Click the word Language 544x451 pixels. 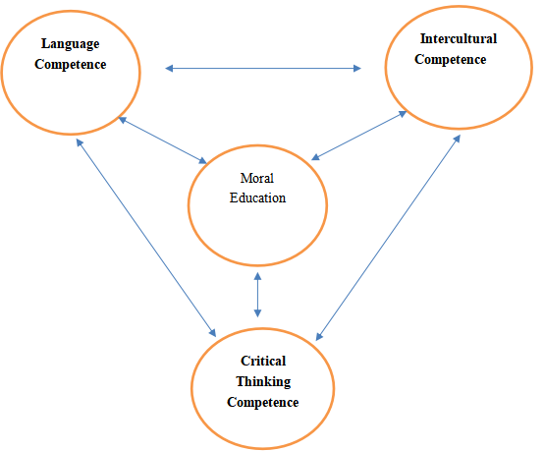[x=71, y=44]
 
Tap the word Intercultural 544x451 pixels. [x=459, y=38]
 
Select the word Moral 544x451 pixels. [x=257, y=178]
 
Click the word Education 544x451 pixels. [x=257, y=197]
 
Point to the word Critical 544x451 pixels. [x=263, y=361]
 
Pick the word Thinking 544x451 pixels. [x=263, y=382]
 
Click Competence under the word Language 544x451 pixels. [x=71, y=65]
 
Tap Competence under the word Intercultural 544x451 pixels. [x=451, y=59]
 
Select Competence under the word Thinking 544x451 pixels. [x=262, y=403]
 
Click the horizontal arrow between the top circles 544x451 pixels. [x=263, y=69]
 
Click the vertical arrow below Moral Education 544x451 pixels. [x=257, y=295]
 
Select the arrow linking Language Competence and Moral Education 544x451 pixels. [x=163, y=140]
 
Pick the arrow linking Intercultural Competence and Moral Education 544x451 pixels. [x=359, y=136]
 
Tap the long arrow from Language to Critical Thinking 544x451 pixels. [x=146, y=238]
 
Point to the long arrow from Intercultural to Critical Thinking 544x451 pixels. [x=388, y=238]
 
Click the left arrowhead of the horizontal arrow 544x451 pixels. [x=169, y=69]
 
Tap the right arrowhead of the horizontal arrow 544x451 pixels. [x=357, y=69]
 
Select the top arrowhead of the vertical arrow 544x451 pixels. [x=257, y=276]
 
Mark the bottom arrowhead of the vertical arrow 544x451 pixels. [x=257, y=313]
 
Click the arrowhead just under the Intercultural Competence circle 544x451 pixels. [x=458, y=139]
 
